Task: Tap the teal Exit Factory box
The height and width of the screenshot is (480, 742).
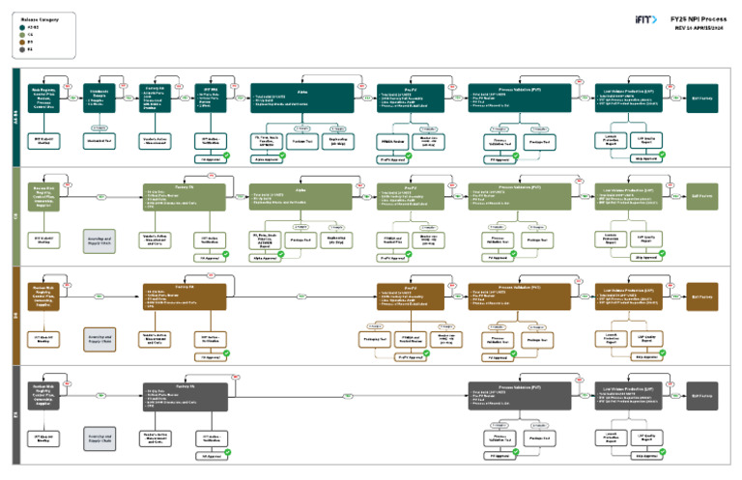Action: [702, 98]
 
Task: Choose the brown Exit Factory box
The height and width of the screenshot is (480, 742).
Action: [702, 296]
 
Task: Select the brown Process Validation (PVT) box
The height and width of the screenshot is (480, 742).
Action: [523, 296]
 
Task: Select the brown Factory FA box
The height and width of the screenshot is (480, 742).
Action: [185, 296]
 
